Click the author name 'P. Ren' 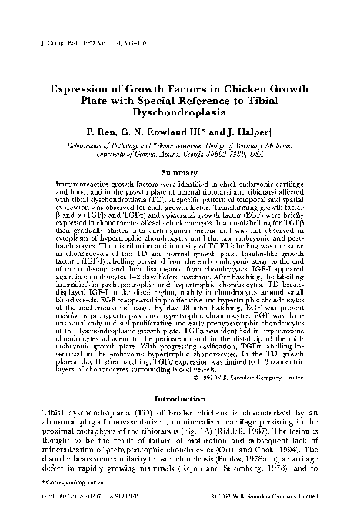click(x=108, y=131)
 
